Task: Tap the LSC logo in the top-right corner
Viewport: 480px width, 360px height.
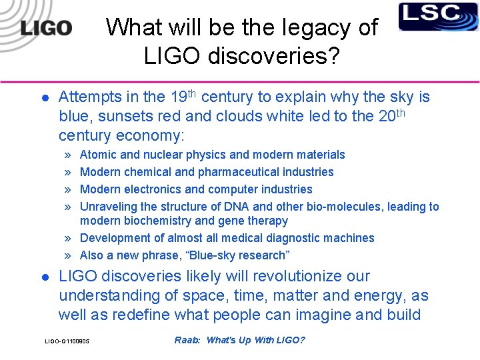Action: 438,17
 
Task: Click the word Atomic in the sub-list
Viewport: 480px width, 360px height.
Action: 97,155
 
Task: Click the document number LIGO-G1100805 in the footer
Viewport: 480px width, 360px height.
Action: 67,342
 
